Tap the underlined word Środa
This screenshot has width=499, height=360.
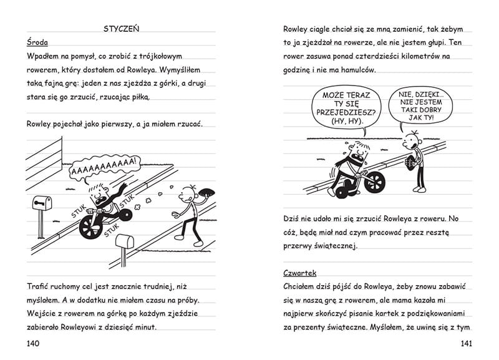point(38,42)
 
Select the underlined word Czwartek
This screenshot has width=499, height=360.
point(300,273)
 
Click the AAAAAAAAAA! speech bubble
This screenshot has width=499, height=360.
point(104,167)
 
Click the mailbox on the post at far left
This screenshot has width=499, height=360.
point(42,203)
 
